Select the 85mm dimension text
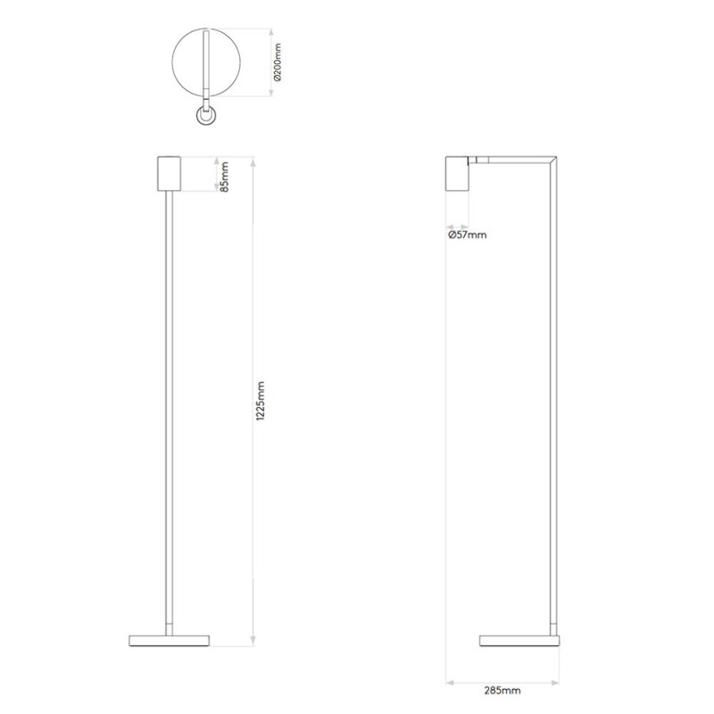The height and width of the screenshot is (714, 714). [x=225, y=176]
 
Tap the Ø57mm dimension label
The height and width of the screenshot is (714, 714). [x=467, y=236]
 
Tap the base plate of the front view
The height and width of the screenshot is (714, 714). [x=170, y=640]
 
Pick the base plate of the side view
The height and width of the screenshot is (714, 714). [x=519, y=640]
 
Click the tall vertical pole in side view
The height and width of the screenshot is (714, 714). [x=554, y=402]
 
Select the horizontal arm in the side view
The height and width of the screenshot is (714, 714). [x=513, y=161]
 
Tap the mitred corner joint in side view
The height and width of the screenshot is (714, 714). [x=554, y=162]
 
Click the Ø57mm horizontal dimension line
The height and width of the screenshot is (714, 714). [x=459, y=224]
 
